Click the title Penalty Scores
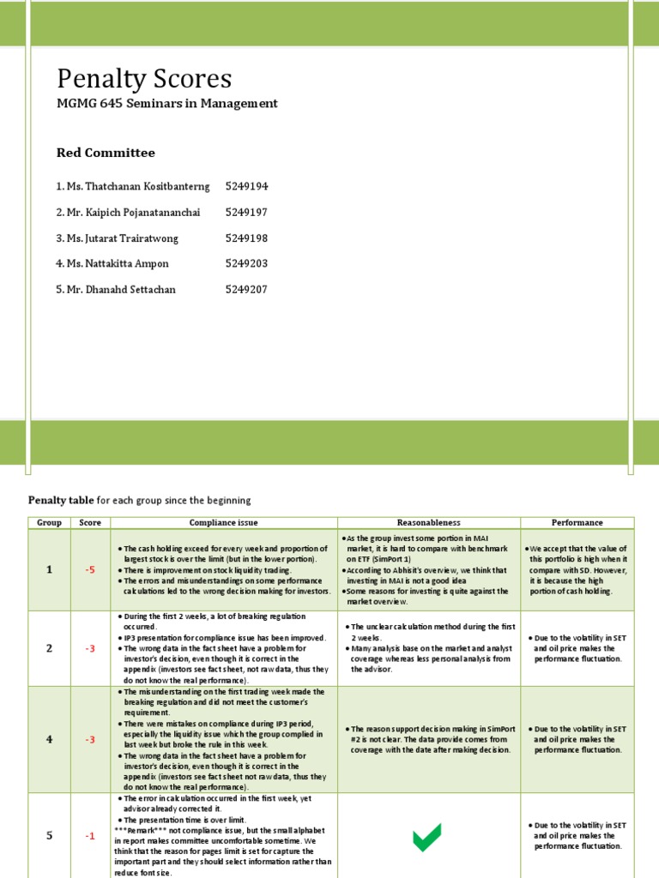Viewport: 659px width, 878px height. [x=144, y=80]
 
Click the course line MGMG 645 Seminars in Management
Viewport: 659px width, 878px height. [x=167, y=104]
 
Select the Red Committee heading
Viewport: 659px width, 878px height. [x=106, y=153]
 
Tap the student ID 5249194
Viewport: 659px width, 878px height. [x=246, y=186]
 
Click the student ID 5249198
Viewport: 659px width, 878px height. [x=246, y=238]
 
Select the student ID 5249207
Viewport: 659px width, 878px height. [x=246, y=289]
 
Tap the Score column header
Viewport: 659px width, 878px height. [x=90, y=522]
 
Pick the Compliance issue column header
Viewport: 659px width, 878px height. [x=224, y=522]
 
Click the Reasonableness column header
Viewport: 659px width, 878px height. [x=428, y=522]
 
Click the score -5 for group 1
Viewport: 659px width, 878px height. [x=90, y=569]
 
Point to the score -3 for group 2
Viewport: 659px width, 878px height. [x=90, y=648]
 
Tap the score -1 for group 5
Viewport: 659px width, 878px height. [x=90, y=836]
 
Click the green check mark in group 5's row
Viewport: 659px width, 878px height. [x=427, y=837]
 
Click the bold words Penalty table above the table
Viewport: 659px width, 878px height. [x=60, y=500]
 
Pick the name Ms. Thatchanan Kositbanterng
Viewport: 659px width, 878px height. [x=133, y=186]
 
